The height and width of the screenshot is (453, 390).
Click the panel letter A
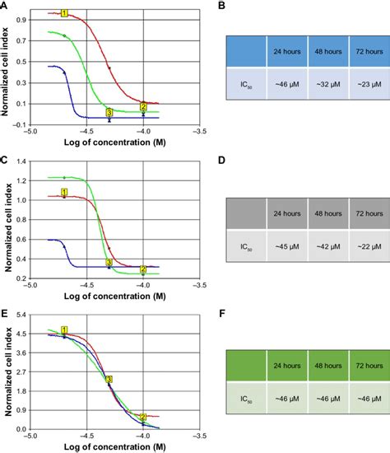(x=5, y=6)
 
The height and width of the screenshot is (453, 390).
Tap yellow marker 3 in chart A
(x=109, y=112)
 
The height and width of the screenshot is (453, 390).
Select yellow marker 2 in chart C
(x=143, y=269)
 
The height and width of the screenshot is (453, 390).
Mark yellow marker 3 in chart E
(x=109, y=379)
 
